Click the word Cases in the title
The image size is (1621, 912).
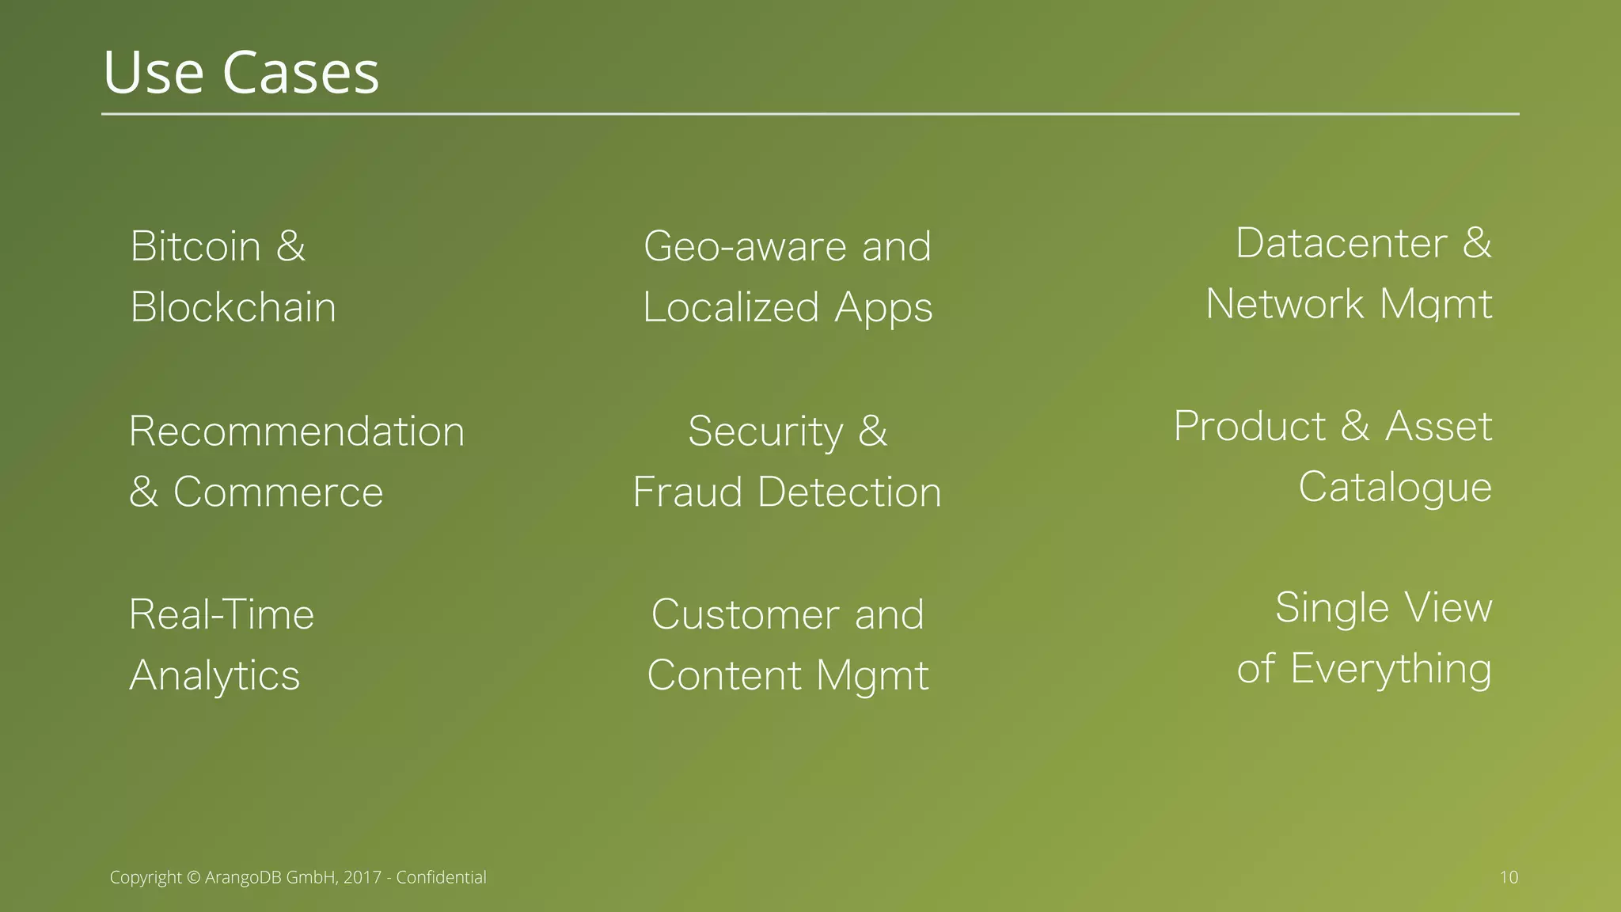[x=301, y=73]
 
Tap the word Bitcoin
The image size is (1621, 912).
[x=196, y=246]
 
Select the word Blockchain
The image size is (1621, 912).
[x=233, y=307]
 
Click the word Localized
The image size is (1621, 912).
[x=731, y=307]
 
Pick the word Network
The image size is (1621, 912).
[x=1285, y=304]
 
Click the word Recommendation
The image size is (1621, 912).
[x=297, y=431]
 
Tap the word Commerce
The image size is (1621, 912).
[x=278, y=492]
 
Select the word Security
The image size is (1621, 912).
[x=765, y=432]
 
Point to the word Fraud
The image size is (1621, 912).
[x=688, y=492]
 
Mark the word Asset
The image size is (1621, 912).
[x=1438, y=427]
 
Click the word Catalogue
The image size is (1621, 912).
[x=1395, y=488]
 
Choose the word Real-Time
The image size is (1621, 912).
[x=222, y=615]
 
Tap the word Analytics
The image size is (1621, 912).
[x=214, y=676]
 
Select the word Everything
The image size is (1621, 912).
[x=1391, y=669]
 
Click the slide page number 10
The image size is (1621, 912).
[x=1509, y=877]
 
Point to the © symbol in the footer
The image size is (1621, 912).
[x=194, y=877]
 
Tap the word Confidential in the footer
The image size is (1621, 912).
[x=441, y=877]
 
